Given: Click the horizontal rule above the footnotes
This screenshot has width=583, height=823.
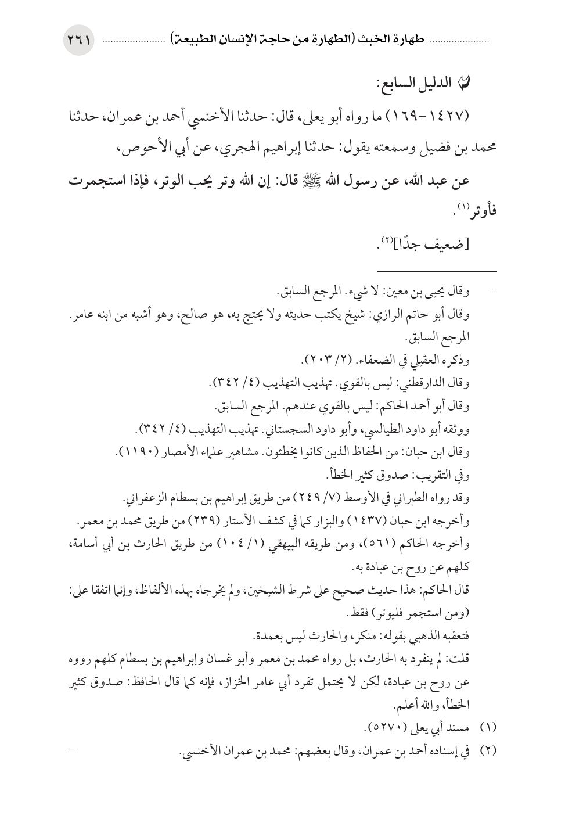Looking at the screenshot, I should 437,271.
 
